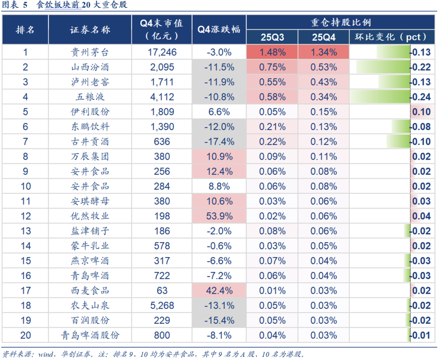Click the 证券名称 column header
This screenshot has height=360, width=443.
(90, 30)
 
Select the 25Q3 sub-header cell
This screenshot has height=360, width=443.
(272, 37)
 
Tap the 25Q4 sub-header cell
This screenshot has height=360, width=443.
(324, 37)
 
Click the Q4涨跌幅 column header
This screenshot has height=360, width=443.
(219, 30)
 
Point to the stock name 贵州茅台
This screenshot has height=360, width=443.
(90, 52)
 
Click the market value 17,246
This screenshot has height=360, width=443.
(162, 52)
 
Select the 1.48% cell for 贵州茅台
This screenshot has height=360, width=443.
(272, 52)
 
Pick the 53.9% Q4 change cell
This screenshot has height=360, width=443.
(219, 216)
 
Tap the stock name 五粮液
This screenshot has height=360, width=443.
(90, 97)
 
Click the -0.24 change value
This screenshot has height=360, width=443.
(421, 97)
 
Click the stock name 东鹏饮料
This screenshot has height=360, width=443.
(90, 127)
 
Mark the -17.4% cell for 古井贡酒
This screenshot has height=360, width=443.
(219, 142)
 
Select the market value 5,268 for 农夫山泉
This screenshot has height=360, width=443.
(162, 305)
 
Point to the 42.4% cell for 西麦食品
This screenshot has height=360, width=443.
(219, 291)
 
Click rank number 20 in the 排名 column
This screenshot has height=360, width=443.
(25, 335)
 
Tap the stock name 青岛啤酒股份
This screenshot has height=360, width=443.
(90, 335)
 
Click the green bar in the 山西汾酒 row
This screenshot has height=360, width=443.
(383, 67)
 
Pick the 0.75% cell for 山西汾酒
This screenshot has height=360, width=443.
(272, 67)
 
